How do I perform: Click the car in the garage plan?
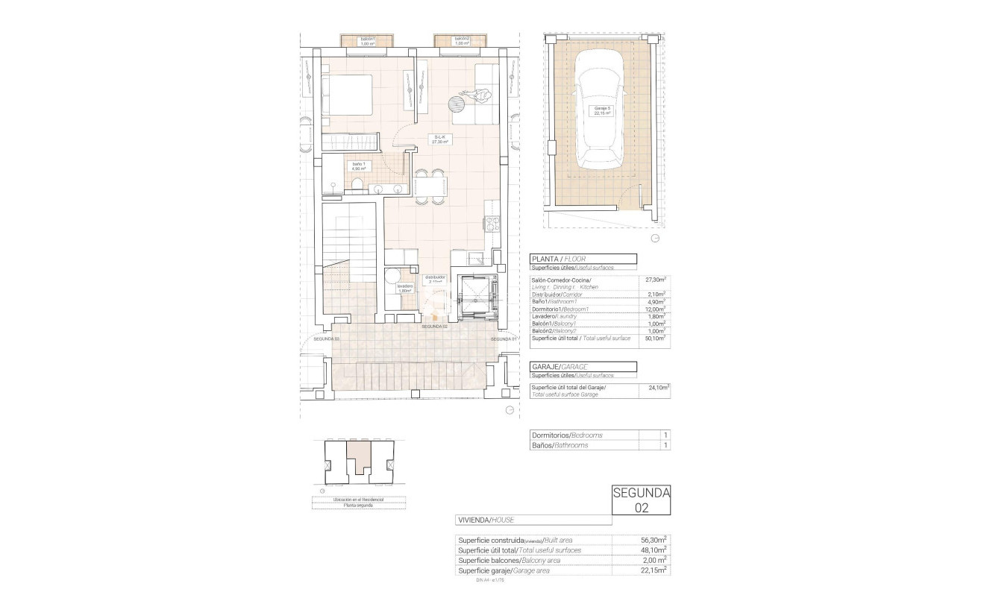602,119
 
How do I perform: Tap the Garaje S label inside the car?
602,111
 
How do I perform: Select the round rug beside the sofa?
457,105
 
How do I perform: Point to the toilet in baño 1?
357,184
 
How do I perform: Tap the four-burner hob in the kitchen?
492,224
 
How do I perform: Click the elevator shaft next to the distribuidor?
477,296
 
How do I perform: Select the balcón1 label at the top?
367,41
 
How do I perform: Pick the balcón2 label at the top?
463,41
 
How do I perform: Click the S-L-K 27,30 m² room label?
440,139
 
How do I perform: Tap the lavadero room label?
405,288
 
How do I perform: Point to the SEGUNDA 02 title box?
641,500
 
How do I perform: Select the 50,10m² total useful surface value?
655,339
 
